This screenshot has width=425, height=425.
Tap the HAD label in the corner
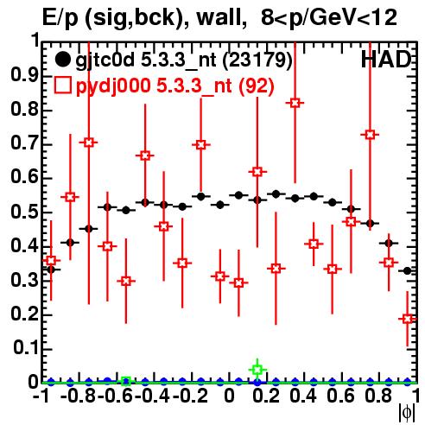[386, 60]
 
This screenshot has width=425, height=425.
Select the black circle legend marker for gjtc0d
[62, 60]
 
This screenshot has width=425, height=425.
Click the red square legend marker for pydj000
[62, 86]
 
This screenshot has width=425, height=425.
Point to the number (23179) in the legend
[257, 60]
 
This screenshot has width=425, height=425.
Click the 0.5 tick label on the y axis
[24, 212]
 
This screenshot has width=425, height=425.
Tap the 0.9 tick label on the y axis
[24, 75]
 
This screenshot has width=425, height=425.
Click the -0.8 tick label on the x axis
[79, 396]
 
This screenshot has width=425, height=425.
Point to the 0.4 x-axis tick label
[303, 396]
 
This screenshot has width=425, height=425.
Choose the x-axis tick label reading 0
[229, 396]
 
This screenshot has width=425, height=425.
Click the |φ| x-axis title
[407, 414]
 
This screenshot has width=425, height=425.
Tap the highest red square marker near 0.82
[295, 103]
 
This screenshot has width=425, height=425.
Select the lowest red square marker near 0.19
[408, 319]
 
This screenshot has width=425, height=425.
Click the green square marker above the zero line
[257, 370]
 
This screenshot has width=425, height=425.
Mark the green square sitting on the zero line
[126, 382]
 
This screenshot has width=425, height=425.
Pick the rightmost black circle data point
[407, 270]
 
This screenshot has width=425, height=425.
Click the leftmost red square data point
[51, 261]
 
